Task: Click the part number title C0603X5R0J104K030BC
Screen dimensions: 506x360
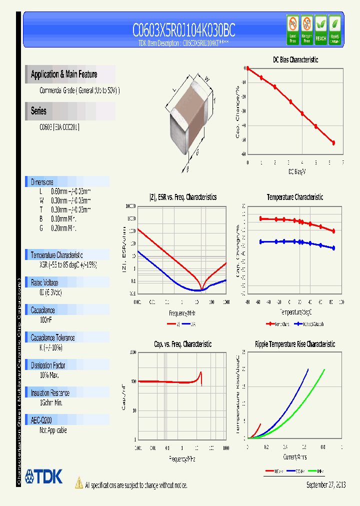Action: (183, 31)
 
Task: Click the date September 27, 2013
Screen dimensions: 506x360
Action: (325, 485)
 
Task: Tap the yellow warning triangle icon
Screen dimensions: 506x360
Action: (78, 483)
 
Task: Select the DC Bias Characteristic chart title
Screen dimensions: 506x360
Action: (295, 59)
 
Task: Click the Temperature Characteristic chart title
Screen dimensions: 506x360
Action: (294, 197)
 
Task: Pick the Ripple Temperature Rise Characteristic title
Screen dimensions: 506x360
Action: (294, 344)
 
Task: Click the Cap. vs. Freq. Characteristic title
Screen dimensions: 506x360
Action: (182, 344)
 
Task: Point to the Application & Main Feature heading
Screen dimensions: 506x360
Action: (64, 74)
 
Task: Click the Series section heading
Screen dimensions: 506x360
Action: (38, 111)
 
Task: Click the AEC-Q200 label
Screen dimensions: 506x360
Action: (41, 420)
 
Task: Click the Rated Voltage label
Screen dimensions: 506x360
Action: (44, 282)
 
